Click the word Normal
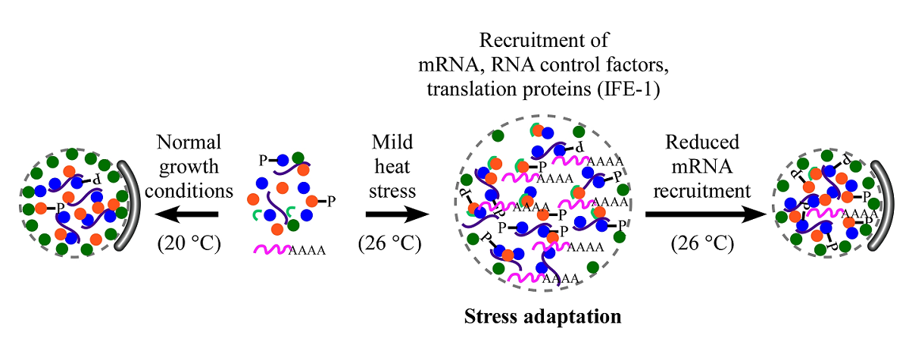point(189,142)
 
